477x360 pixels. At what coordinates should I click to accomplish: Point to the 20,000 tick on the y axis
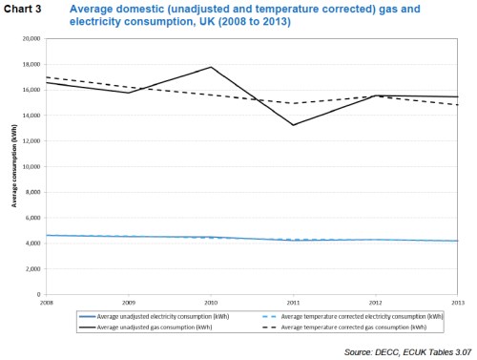(x=32, y=39)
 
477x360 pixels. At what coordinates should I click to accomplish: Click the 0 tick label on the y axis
(x=40, y=294)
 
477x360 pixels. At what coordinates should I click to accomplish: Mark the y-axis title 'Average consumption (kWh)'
(x=14, y=167)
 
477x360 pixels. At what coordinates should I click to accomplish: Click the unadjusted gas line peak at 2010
(x=211, y=67)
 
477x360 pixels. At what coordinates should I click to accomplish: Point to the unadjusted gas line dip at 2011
(x=294, y=125)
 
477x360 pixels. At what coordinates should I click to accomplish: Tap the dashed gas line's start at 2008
(x=46, y=77)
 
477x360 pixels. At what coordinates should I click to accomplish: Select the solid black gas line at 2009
(x=129, y=93)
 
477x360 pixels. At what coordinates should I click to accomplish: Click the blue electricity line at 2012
(x=376, y=240)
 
